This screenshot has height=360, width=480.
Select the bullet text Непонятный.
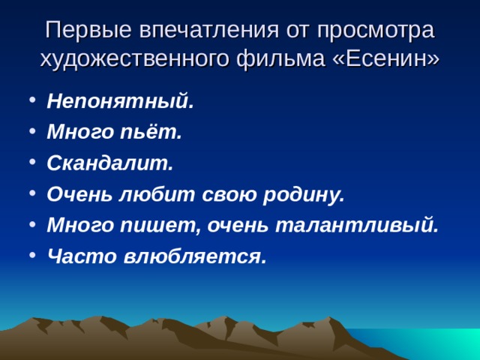(120, 102)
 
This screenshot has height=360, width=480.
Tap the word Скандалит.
(109, 163)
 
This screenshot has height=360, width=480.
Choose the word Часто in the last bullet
(77, 256)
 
